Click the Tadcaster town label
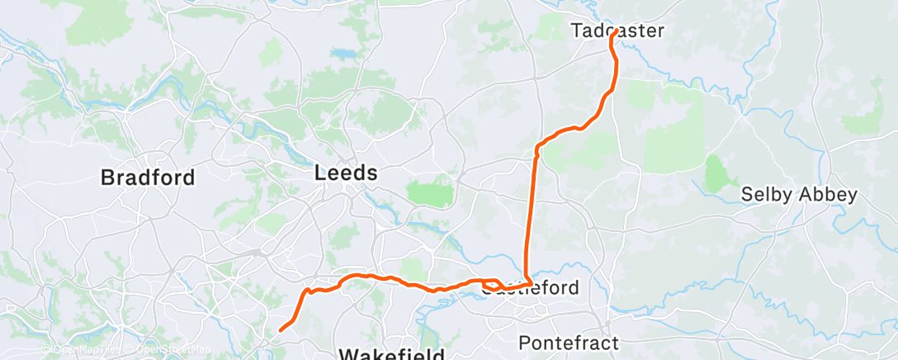617,31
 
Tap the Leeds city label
346,173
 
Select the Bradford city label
148,177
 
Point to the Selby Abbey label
799,195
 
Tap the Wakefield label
392,354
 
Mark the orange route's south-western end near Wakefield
281,330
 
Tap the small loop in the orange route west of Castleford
491,286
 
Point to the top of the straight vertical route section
537,149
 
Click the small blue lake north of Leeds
342,54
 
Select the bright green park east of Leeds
432,193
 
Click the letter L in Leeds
321,173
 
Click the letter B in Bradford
106,177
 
